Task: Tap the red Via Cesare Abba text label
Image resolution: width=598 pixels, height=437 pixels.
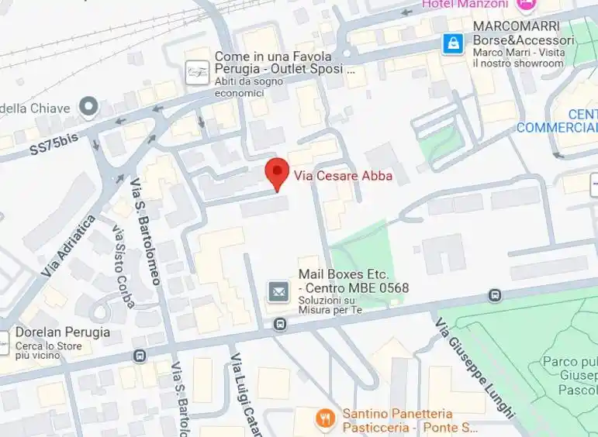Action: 343,176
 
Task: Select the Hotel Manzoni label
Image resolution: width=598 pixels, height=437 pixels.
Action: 465,5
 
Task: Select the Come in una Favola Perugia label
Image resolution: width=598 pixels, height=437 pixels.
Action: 273,64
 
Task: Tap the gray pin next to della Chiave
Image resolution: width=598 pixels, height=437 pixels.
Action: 89,106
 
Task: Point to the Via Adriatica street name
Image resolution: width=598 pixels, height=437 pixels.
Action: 69,246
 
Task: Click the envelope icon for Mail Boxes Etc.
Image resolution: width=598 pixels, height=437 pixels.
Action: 278,291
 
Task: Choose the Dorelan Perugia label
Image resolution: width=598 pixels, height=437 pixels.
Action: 63,332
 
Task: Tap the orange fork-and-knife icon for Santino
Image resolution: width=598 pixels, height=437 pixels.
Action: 326,420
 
